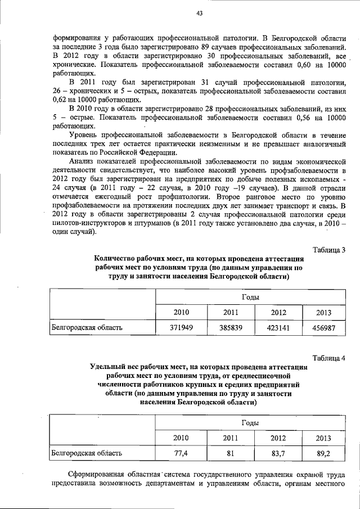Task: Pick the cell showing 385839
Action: (x=231, y=327)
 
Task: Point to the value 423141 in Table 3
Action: (x=278, y=327)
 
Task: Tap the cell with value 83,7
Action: (x=278, y=452)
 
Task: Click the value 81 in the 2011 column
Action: (x=231, y=452)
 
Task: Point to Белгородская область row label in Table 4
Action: (x=87, y=452)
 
